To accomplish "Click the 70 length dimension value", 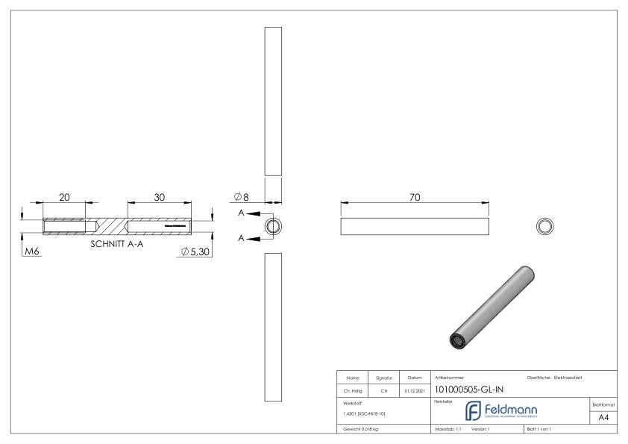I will (415, 197).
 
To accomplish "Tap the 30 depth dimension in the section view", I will (159, 197).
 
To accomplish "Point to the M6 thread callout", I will (31, 252).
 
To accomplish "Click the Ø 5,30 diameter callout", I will (195, 252).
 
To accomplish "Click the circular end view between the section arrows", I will (274, 226).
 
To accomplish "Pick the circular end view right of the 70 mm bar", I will (545, 226).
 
